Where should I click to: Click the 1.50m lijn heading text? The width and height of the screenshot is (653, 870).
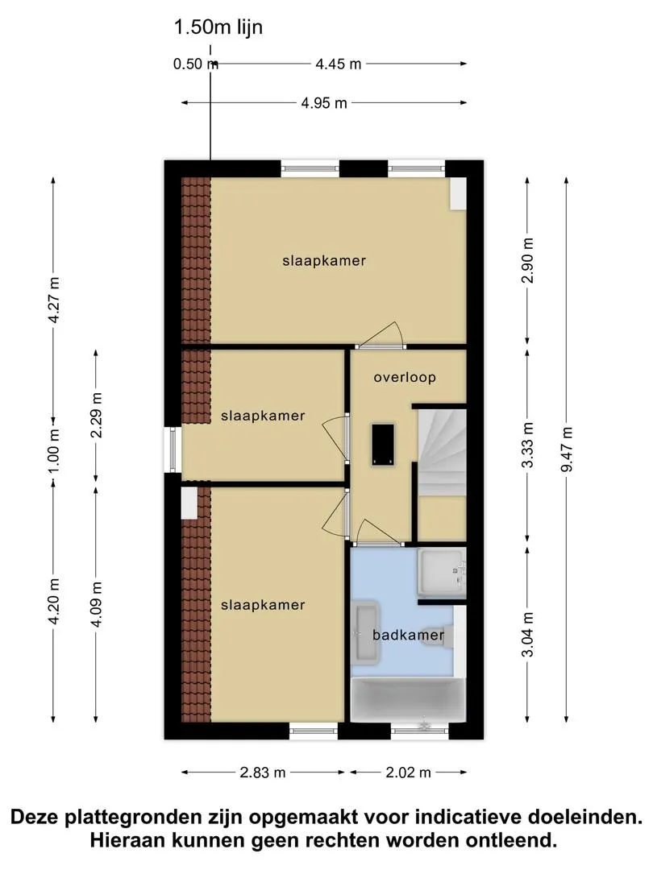pyautogui.click(x=218, y=27)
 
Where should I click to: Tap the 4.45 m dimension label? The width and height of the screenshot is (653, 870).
pyautogui.click(x=338, y=64)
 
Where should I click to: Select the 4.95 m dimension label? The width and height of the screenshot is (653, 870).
pyautogui.click(x=324, y=102)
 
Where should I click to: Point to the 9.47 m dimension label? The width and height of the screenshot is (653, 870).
pyautogui.click(x=566, y=449)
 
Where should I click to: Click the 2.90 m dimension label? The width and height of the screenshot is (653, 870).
pyautogui.click(x=527, y=260)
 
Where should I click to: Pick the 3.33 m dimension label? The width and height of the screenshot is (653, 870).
pyautogui.click(x=527, y=445)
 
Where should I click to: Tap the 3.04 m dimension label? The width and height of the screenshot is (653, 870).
pyautogui.click(x=527, y=634)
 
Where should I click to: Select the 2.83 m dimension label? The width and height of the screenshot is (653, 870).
pyautogui.click(x=263, y=772)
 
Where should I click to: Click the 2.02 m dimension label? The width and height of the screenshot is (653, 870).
pyautogui.click(x=409, y=772)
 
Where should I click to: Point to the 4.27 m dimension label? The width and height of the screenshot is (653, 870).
pyautogui.click(x=54, y=300)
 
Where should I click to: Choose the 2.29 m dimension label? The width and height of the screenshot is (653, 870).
pyautogui.click(x=97, y=415)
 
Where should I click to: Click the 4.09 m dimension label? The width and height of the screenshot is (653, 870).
pyautogui.click(x=97, y=604)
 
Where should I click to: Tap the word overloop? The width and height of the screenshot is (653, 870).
pyautogui.click(x=405, y=378)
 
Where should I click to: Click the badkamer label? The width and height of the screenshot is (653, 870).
pyautogui.click(x=408, y=635)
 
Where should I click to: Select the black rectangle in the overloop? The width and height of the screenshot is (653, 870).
pyautogui.click(x=383, y=445)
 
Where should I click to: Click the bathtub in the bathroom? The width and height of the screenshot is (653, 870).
pyautogui.click(x=408, y=699)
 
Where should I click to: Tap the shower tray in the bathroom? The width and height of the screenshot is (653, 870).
pyautogui.click(x=442, y=571)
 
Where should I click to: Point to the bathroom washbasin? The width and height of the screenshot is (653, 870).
pyautogui.click(x=366, y=633)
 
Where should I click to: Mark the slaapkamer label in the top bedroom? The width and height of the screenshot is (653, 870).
pyautogui.click(x=324, y=261)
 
